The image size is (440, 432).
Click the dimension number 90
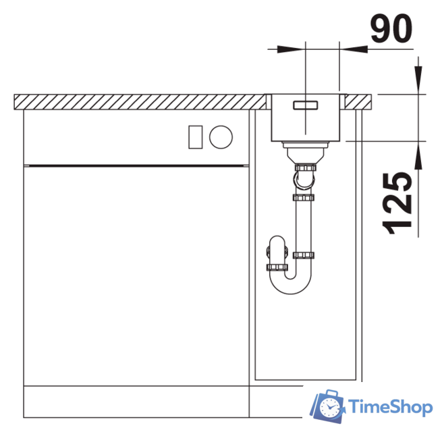click(x=391, y=28)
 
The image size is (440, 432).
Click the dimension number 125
click(x=397, y=203)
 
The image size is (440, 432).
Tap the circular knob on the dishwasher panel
click(x=221, y=137)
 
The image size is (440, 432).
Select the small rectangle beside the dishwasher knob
click(x=195, y=137)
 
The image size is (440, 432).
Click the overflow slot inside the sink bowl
click(x=305, y=105)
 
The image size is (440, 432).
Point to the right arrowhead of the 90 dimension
click(x=354, y=49)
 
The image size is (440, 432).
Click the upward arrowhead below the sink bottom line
click(x=418, y=155)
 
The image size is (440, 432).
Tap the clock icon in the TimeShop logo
click(x=329, y=407)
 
